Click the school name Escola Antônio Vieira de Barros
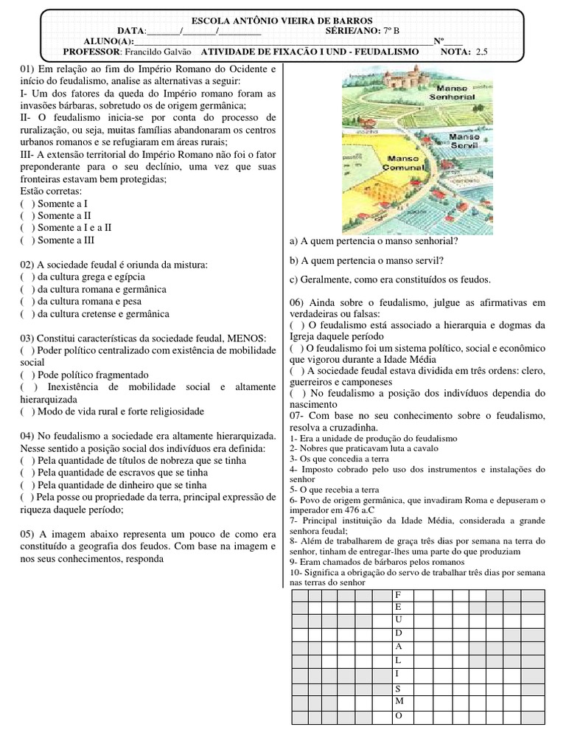[x=282, y=20]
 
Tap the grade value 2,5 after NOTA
[x=482, y=52]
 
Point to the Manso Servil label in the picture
[x=464, y=142]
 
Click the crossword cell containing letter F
[x=399, y=594]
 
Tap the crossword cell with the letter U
[x=399, y=620]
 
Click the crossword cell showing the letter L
[x=399, y=660]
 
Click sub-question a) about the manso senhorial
[x=373, y=241]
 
